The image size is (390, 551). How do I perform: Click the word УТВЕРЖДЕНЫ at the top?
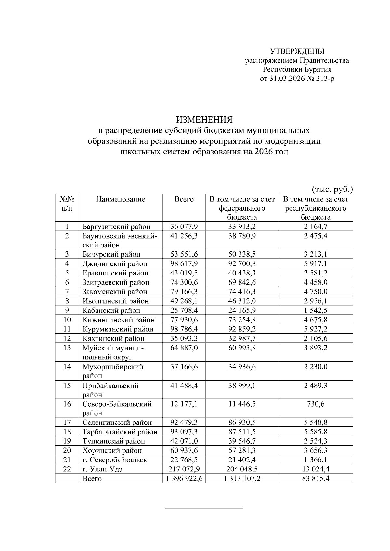pyautogui.click(x=297, y=51)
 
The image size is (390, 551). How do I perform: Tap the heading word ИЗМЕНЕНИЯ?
pyautogui.click(x=204, y=120)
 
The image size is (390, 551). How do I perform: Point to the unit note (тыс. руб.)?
pyautogui.click(x=332, y=189)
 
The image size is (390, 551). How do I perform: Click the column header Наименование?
pyautogui.click(x=121, y=199)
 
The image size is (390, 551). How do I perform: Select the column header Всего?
pyautogui.click(x=184, y=199)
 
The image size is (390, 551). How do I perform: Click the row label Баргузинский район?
pyautogui.click(x=116, y=227)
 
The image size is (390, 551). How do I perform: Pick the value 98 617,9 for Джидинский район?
pyautogui.click(x=184, y=263)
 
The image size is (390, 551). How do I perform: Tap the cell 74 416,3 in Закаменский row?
pyautogui.click(x=242, y=291)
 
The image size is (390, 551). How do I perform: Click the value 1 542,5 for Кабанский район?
pyautogui.click(x=316, y=310)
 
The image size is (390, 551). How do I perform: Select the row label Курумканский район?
pyautogui.click(x=118, y=329)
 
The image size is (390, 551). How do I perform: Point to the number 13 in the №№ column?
pyautogui.click(x=67, y=348)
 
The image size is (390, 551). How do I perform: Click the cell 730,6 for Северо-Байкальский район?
pyautogui.click(x=316, y=404)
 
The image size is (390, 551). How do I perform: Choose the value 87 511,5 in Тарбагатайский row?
pyautogui.click(x=242, y=432)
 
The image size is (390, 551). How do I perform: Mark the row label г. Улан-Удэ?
pyautogui.click(x=102, y=469)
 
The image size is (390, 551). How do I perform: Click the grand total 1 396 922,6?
pyautogui.click(x=184, y=479)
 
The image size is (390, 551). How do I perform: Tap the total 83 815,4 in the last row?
pyautogui.click(x=316, y=479)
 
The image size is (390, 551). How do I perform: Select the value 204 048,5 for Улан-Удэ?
pyautogui.click(x=242, y=469)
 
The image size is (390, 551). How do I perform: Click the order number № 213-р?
pyautogui.click(x=320, y=79)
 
